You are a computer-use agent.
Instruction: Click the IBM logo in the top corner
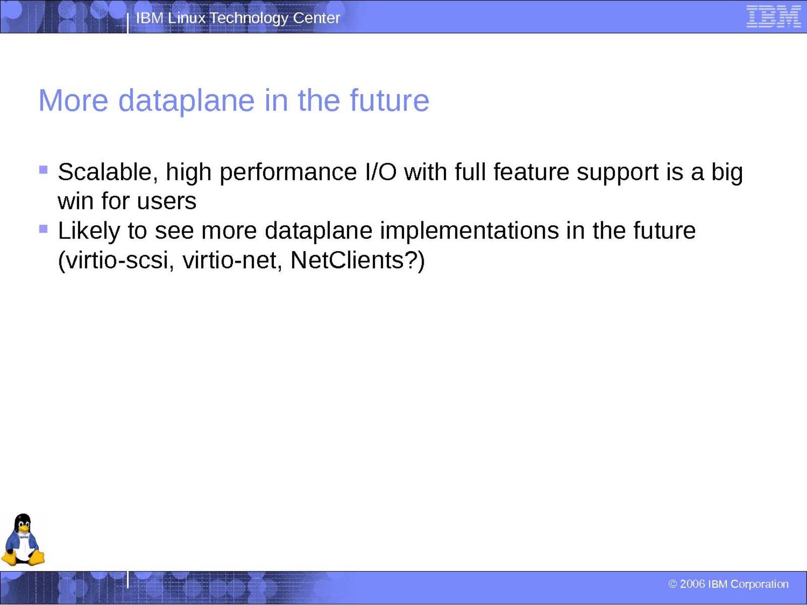pos(774,16)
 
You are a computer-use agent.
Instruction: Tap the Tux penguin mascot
pos(23,539)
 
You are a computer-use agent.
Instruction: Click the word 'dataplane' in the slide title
pos(186,101)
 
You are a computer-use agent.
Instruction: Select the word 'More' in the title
pos(73,101)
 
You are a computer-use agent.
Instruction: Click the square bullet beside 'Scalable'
pos(43,170)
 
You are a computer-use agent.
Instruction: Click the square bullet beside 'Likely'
pos(43,229)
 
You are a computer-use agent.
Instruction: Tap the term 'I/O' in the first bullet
pos(381,172)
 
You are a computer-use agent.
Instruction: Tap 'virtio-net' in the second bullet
pos(233,261)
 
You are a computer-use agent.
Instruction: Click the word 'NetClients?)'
pos(358,261)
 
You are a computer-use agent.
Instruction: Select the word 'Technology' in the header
pos(249,19)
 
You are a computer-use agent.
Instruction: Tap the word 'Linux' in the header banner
pos(187,18)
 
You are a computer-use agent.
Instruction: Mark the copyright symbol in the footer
pos(672,584)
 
